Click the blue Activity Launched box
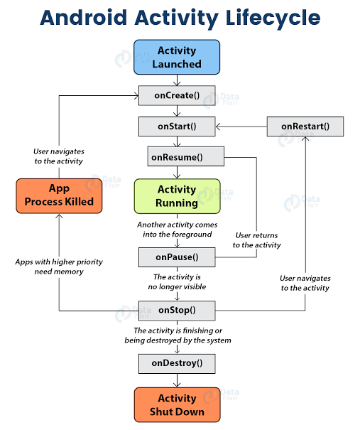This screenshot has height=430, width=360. point(177,58)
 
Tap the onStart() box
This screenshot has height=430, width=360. point(177,127)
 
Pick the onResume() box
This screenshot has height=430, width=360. point(185,156)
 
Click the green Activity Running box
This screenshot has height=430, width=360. point(177,196)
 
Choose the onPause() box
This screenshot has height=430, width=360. point(177,257)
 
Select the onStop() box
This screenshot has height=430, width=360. point(177,310)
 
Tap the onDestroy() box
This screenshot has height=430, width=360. point(177,362)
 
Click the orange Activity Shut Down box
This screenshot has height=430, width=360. point(177,404)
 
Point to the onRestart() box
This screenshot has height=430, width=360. point(305,127)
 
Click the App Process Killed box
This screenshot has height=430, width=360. point(59,195)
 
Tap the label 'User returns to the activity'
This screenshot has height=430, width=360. point(256,240)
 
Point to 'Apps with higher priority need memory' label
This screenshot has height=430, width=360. point(59,267)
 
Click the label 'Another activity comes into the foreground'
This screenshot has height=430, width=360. point(177,229)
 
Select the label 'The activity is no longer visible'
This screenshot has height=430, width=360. point(177,282)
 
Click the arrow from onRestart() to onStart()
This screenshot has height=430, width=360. point(241,127)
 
